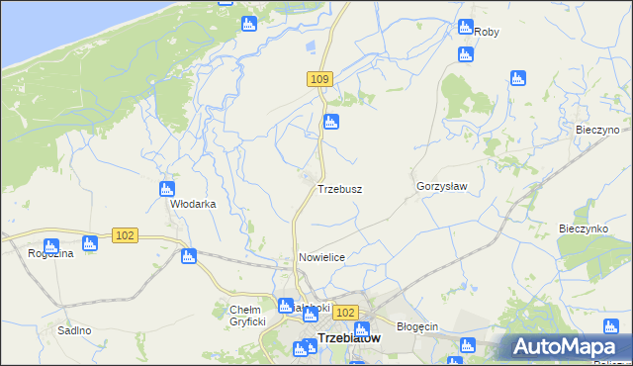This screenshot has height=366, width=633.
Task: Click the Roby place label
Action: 487,32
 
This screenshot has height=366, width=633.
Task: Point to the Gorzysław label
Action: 441,186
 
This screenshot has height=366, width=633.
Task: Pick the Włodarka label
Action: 193,204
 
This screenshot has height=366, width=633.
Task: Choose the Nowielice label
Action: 321,257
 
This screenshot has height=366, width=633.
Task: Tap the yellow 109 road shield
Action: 318,79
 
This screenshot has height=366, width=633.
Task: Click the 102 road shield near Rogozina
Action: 125,235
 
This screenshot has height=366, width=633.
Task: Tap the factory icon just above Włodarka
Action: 167,189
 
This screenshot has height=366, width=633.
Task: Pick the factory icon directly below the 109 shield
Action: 331,122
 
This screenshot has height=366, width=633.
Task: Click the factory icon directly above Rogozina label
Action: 50,245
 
